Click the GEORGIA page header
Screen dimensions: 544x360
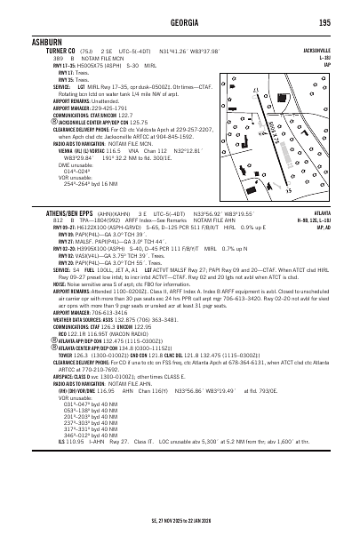[x=180, y=22]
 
